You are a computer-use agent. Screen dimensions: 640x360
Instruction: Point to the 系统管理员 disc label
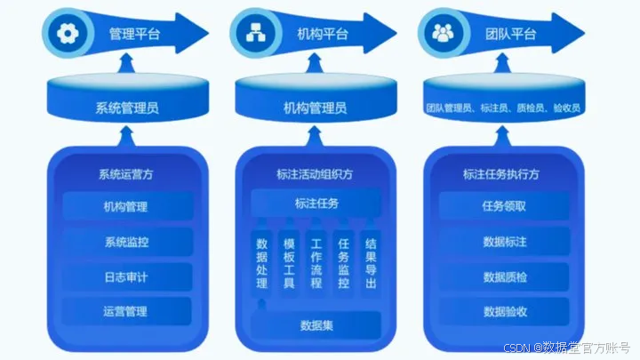(126, 108)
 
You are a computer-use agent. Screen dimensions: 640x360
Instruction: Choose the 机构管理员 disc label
(315, 108)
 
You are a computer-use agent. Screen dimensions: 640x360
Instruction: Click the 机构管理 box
(126, 207)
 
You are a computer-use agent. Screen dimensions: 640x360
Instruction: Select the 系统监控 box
(126, 242)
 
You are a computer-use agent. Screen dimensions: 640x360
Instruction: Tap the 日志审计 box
(126, 276)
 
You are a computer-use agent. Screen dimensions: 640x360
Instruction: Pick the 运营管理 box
(126, 311)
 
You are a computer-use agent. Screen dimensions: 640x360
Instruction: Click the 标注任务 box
(316, 204)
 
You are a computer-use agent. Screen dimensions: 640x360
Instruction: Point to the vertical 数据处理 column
(261, 263)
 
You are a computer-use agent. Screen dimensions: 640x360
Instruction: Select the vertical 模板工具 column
(289, 263)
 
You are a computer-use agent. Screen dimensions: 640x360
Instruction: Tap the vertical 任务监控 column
(343, 263)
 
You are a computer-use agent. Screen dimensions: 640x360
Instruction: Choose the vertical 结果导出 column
(371, 263)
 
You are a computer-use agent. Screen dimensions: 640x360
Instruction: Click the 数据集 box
(316, 325)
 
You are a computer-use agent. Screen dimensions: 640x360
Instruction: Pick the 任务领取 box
(505, 206)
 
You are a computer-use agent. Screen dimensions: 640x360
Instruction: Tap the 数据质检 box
(505, 276)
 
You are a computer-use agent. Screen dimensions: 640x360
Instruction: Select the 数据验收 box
(505, 311)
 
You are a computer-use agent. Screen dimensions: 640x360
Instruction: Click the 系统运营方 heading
(126, 174)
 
